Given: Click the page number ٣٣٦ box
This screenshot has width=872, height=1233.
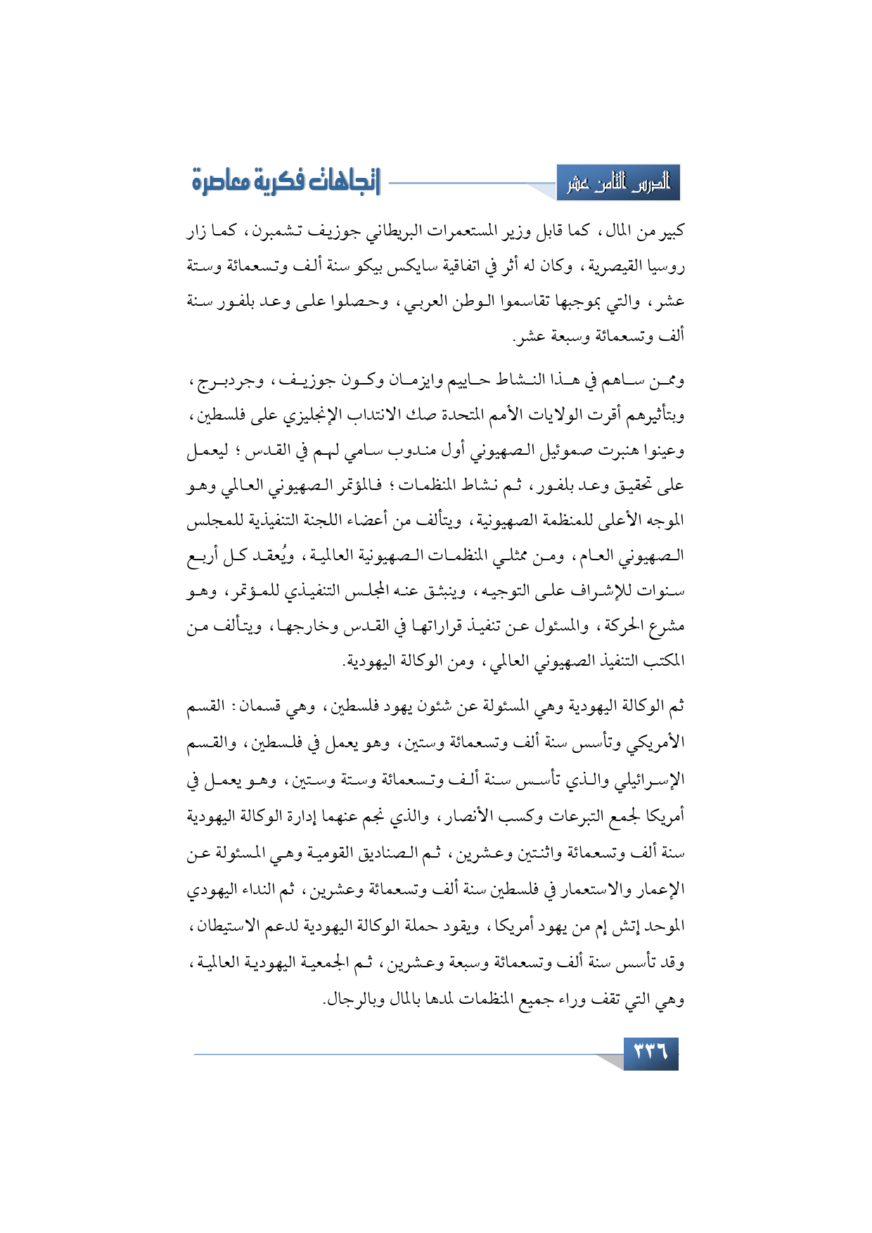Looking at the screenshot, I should (650, 1053).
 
